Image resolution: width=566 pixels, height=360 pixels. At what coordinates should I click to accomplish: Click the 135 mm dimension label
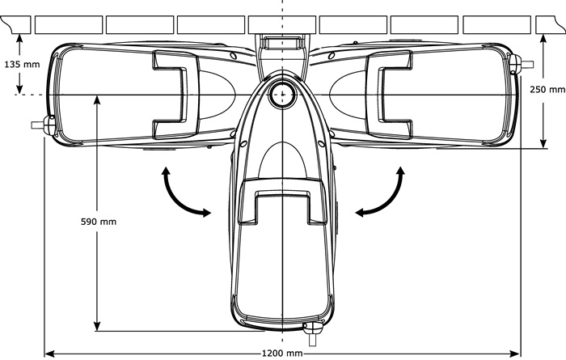point(22,65)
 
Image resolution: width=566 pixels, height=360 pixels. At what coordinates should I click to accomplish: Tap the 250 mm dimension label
point(547,89)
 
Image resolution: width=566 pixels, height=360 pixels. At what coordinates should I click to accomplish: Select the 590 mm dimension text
point(99,222)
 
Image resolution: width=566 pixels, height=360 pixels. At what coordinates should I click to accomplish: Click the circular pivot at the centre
point(282,95)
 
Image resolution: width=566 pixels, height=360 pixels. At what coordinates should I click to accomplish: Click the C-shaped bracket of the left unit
point(175,95)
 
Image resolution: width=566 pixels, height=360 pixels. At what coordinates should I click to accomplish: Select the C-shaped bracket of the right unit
point(389,95)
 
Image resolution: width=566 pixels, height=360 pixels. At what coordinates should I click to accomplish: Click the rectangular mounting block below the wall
point(282,43)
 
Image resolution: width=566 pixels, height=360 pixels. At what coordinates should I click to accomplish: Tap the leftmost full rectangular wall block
point(69,24)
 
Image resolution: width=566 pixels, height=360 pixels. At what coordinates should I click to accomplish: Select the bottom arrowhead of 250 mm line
point(543,144)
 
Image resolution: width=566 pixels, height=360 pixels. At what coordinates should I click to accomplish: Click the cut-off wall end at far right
point(550,24)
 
